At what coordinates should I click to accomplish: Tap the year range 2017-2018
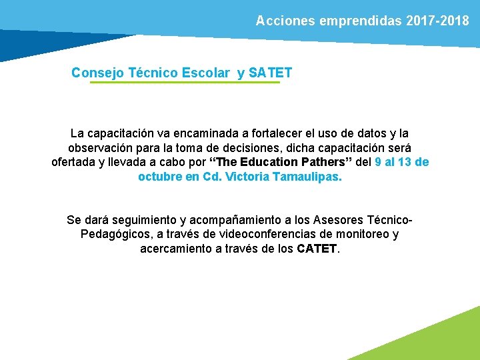coord(437,21)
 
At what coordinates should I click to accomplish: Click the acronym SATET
coord(270,72)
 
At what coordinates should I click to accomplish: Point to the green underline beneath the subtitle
coord(185,83)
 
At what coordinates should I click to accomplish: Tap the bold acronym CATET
coord(317,249)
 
